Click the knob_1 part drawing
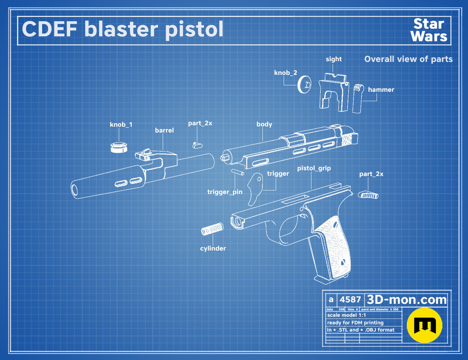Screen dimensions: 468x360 119,148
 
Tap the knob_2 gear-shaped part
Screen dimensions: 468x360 304,84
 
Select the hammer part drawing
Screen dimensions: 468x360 358,98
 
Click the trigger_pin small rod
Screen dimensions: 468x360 238,172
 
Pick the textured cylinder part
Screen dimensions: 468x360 212,229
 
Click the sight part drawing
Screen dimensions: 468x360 334,92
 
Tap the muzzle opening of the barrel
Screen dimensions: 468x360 75,190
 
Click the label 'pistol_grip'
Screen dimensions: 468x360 314,168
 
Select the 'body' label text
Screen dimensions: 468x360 264,124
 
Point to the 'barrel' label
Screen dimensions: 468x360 164,130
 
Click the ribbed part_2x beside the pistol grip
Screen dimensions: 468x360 368,195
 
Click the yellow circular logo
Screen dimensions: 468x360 424,325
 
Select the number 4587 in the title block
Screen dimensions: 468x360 350,300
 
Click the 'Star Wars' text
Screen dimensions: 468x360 429,30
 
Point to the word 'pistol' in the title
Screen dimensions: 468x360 194,30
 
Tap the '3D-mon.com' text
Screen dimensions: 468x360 406,300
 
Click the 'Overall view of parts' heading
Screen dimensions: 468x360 408,59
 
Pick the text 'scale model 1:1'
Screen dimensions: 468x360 347,315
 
